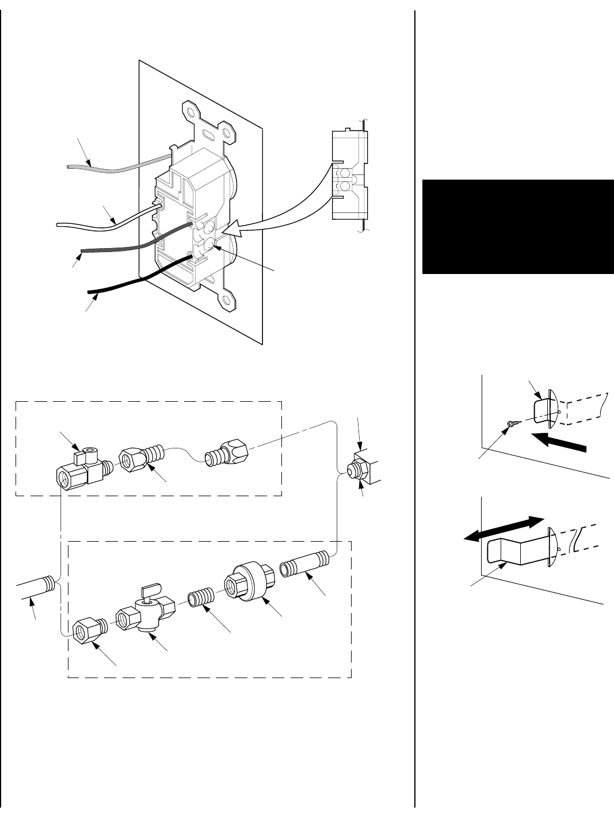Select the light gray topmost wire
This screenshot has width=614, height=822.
pos(115,167)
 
